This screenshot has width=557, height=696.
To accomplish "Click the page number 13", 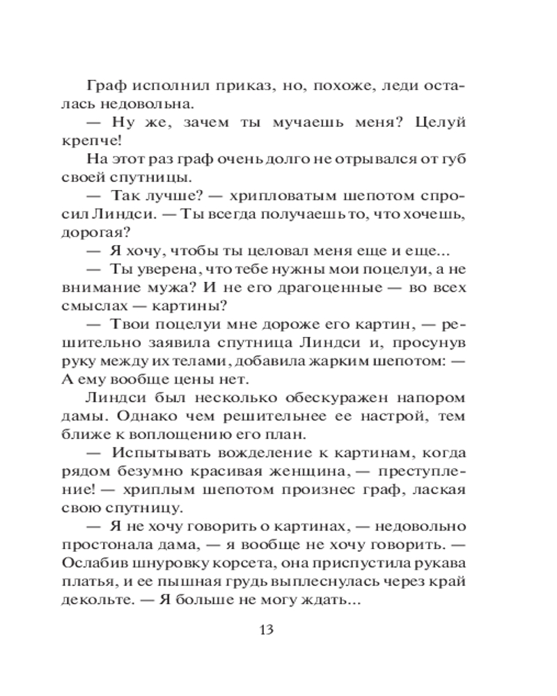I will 267,631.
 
